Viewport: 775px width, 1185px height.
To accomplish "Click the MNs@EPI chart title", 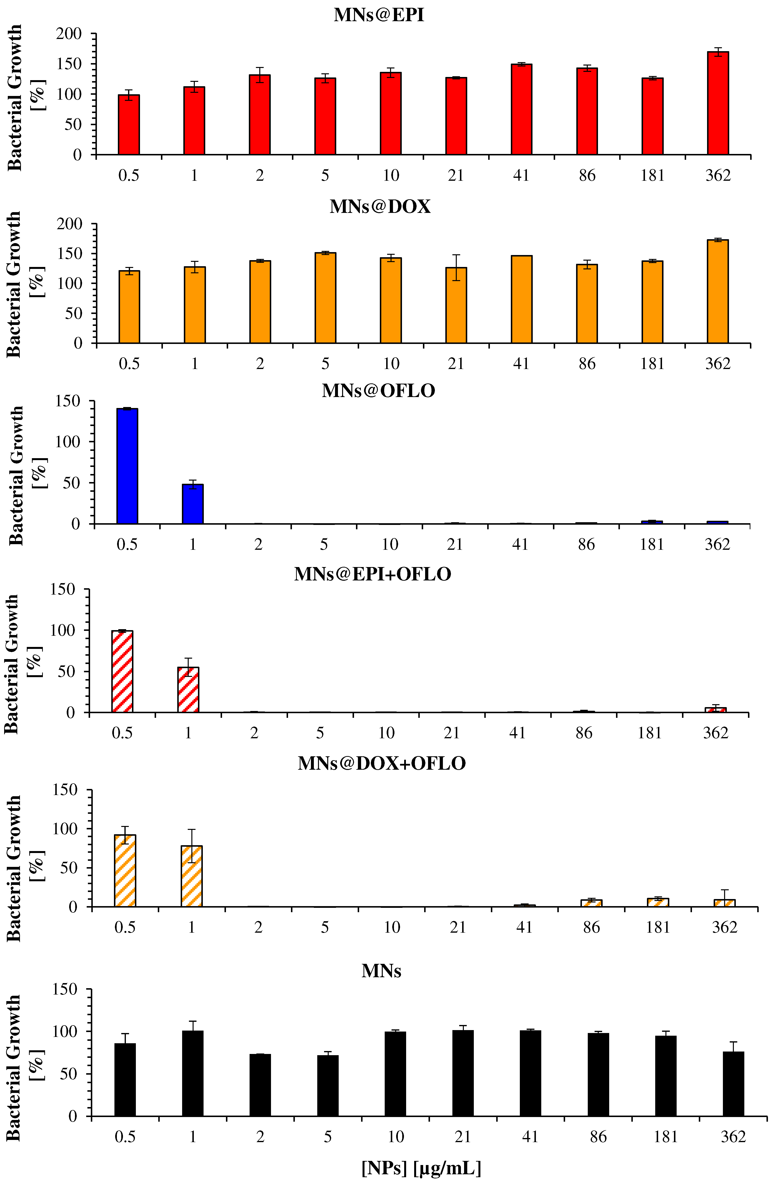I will click(x=379, y=15).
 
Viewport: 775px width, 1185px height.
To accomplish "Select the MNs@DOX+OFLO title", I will click(x=382, y=763).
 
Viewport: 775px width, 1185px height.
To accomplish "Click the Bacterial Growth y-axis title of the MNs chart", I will click(x=14, y=1068).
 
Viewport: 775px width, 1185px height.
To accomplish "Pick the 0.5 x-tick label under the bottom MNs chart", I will click(x=125, y=1137).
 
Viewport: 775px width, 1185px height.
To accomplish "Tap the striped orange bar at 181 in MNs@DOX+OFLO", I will click(x=658, y=902).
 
